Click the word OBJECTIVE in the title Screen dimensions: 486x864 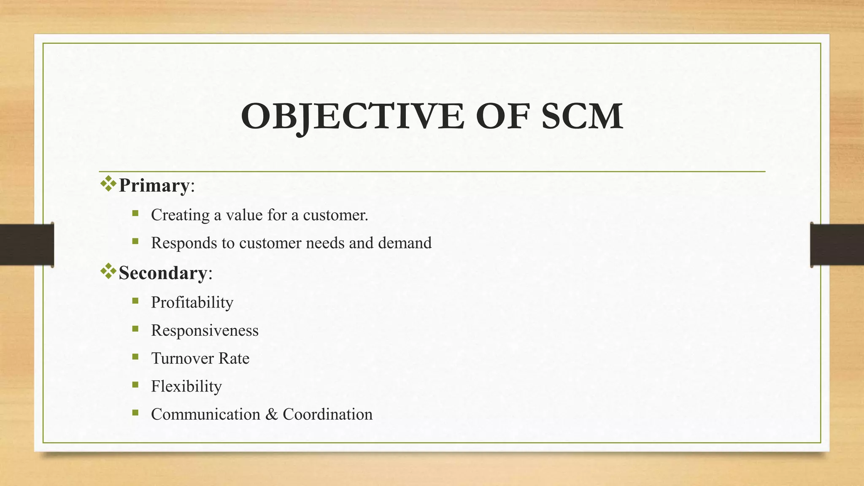tap(352, 116)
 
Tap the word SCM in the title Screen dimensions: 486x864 tap(582, 116)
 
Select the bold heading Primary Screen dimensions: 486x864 tap(154, 186)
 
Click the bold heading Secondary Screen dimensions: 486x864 tap(163, 273)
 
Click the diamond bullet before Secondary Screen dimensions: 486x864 tap(108, 271)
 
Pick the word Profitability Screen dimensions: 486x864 tap(192, 302)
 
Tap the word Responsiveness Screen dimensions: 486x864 tap(205, 330)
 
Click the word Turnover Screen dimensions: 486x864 tap(182, 358)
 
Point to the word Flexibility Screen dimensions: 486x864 tap(186, 386)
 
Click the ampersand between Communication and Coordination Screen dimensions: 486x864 tap(272, 414)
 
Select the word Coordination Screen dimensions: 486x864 tap(327, 414)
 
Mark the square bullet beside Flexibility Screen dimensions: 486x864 tap(135, 385)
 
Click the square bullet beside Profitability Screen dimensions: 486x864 tap(135, 301)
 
